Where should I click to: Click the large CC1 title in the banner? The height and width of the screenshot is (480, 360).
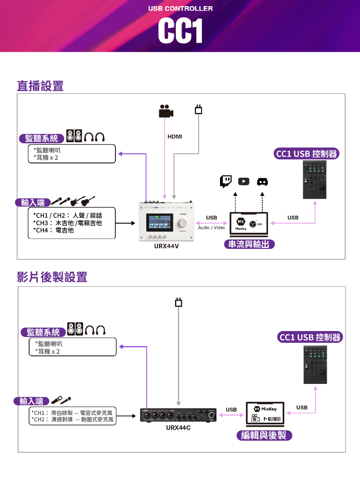pos(180,31)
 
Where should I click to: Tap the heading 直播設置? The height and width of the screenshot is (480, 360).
pos(40,86)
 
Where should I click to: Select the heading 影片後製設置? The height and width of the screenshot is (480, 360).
pos(52,277)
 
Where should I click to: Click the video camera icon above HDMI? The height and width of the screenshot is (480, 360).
pos(166,111)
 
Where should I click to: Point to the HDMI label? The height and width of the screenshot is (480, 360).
pos(175,137)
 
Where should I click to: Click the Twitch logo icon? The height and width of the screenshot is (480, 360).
pos(226,181)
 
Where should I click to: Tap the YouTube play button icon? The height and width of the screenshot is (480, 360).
pos(243,181)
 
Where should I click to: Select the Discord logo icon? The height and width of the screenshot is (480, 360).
pos(262,182)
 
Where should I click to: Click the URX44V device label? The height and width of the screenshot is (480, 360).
pos(167,246)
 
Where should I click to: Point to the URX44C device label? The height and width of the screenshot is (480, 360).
pos(178,427)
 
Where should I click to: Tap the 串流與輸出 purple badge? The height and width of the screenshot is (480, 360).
pos(249,244)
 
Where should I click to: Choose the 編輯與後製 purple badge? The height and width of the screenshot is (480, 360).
pos(264,435)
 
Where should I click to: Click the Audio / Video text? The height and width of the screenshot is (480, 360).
pos(211,228)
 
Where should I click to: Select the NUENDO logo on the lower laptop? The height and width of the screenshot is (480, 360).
pos(272,419)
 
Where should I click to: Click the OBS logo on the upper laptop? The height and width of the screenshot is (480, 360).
pos(254,224)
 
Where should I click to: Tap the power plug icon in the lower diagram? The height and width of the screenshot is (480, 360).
pos(178,302)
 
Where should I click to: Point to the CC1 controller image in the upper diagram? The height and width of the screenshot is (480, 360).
pos(315,180)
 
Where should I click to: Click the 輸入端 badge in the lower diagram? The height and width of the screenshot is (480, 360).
pos(31,401)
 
